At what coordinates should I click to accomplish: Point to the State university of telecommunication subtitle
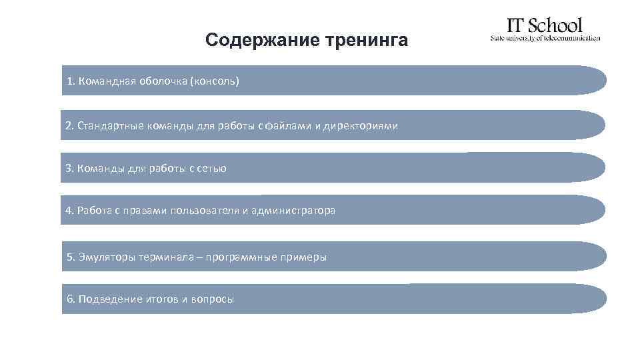pyautogui.click(x=545, y=38)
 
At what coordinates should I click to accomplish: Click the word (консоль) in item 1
pyautogui.click(x=214, y=81)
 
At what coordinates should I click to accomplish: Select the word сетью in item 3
pyautogui.click(x=212, y=169)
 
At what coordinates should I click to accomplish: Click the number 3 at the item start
pyautogui.click(x=69, y=168)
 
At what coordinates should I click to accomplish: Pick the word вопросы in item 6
pyautogui.click(x=213, y=299)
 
